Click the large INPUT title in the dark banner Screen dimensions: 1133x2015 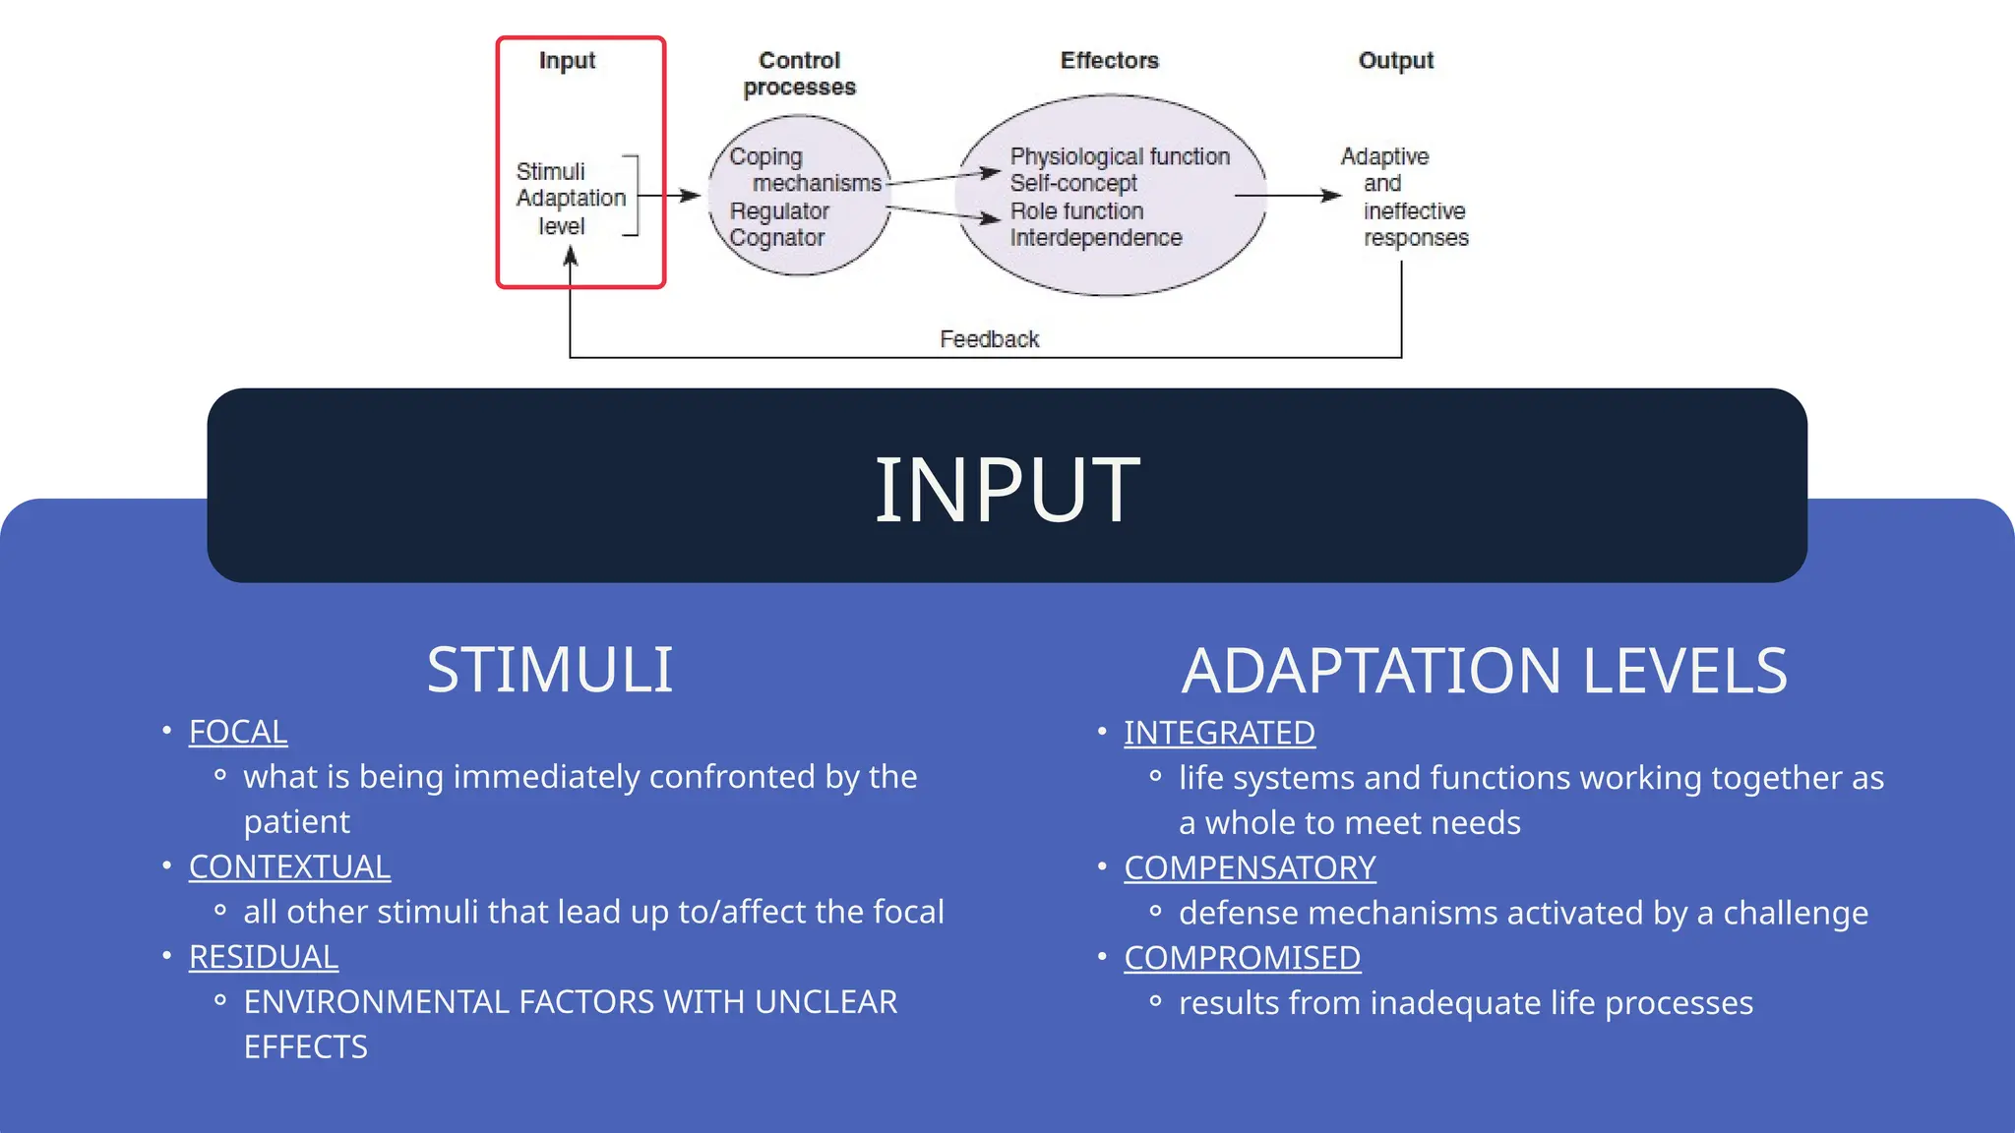pyautogui.click(x=1007, y=490)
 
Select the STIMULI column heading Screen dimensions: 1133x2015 pyautogui.click(x=549, y=671)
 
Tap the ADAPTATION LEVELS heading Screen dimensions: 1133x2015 pyautogui.click(x=1484, y=671)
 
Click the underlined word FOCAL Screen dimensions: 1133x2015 pyautogui.click(x=238, y=732)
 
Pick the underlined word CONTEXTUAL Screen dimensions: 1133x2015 pyautogui.click(x=289, y=866)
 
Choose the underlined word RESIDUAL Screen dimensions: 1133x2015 pyautogui.click(x=263, y=957)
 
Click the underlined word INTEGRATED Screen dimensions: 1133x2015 pyautogui.click(x=1219, y=733)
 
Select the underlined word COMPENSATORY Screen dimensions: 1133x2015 pyautogui.click(x=1250, y=867)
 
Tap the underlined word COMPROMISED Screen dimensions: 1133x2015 pyautogui.click(x=1242, y=958)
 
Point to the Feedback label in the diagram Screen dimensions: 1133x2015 pyautogui.click(x=989, y=339)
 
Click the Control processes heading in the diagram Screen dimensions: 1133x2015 pyautogui.click(x=799, y=74)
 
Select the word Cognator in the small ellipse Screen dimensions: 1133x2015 pyautogui.click(x=776, y=238)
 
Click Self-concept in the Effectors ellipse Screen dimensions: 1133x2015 pyautogui.click(x=1072, y=183)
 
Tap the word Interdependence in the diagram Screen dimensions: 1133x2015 pyautogui.click(x=1095, y=238)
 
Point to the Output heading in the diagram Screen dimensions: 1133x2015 pyautogui.click(x=1395, y=61)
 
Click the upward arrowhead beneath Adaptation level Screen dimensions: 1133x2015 pyautogui.click(x=570, y=258)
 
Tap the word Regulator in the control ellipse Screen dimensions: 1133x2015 pyautogui.click(x=779, y=211)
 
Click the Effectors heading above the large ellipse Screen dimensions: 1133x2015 pyautogui.click(x=1109, y=61)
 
